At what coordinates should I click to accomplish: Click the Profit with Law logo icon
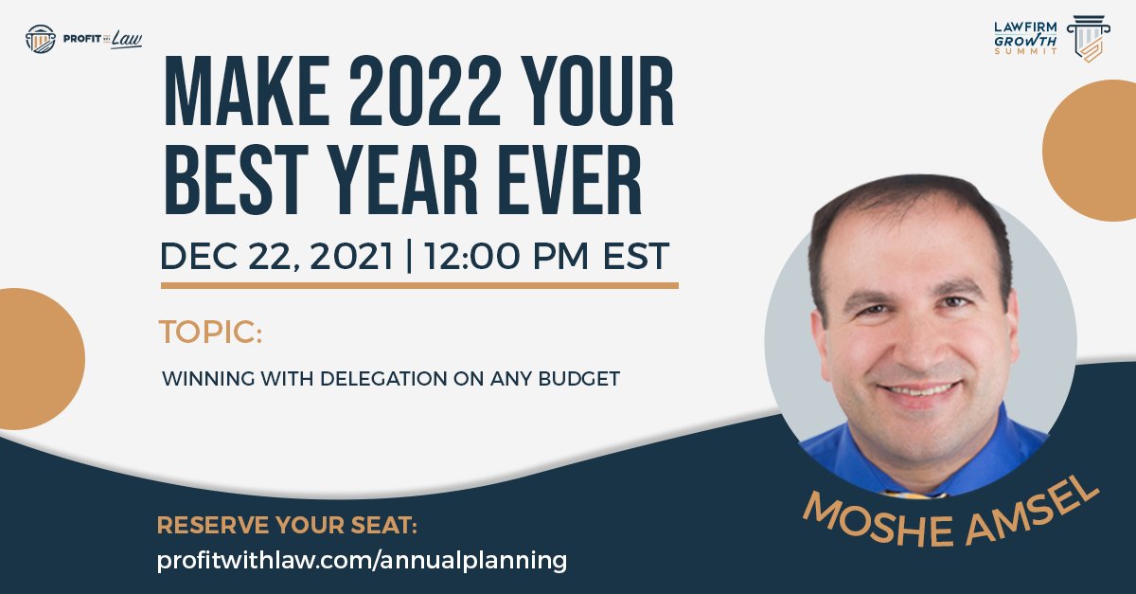(x=41, y=39)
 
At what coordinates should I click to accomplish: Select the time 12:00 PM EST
(x=547, y=256)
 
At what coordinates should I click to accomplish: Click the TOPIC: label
(x=210, y=333)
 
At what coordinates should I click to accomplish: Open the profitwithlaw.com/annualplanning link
(x=362, y=560)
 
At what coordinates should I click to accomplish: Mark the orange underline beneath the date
(x=419, y=284)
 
